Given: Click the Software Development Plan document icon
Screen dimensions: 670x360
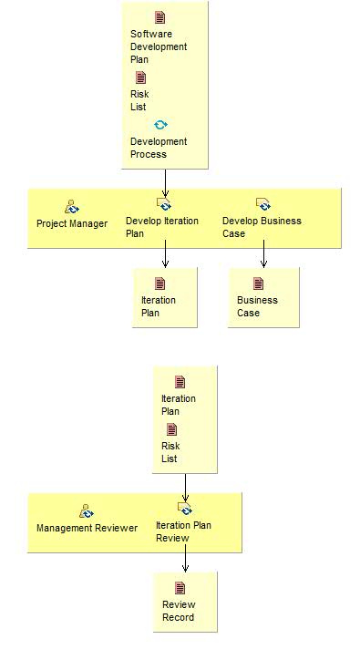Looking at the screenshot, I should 160,17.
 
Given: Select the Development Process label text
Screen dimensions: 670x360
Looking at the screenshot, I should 158,148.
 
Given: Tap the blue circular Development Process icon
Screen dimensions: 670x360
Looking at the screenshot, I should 160,125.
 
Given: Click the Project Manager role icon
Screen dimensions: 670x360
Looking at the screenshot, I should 72,207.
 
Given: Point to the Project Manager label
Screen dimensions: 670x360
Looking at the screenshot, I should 71,223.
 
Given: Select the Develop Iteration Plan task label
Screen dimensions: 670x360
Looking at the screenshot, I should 161,227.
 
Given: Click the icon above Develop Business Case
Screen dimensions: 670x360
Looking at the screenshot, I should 262,204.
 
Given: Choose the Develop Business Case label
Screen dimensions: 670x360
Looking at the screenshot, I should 261,227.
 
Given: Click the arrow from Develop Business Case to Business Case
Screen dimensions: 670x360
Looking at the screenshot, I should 263,253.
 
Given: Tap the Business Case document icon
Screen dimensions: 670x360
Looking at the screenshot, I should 259,283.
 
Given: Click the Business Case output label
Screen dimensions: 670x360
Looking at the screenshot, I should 257,306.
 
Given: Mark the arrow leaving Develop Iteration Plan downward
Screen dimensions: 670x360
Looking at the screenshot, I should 165,253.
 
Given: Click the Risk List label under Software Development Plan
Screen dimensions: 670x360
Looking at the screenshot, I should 139,100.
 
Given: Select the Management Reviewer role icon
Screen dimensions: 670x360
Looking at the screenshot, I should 86,511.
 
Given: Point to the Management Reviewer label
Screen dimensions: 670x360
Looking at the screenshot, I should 87,528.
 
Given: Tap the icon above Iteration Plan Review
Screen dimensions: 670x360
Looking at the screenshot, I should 185,509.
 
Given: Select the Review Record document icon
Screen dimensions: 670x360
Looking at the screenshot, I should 180,588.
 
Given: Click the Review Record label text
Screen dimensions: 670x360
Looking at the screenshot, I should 179,611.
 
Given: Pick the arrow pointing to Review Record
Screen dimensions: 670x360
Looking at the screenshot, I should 185,559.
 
